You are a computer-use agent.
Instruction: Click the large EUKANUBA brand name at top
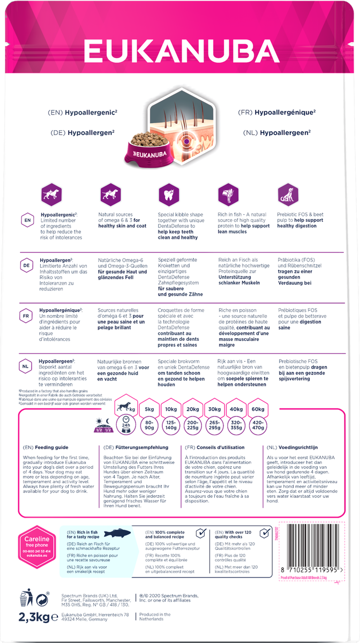[179, 53]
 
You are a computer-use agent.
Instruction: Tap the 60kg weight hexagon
[257, 409]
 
